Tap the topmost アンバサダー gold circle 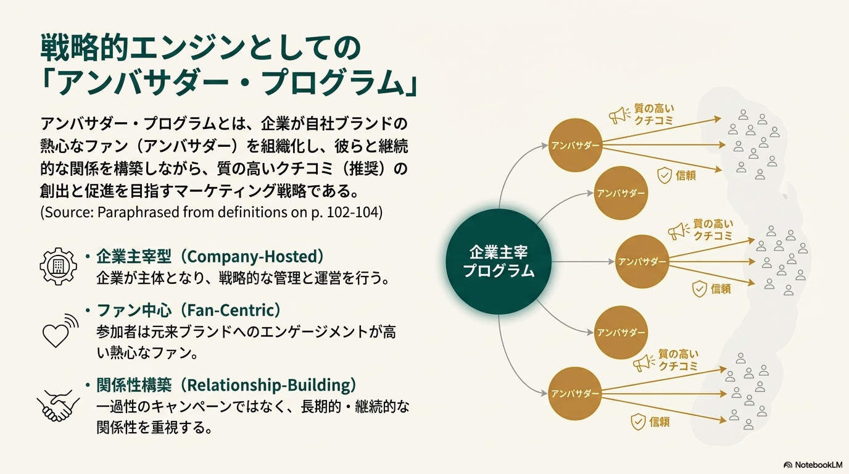coord(575,146)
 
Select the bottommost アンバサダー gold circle coord(575,394)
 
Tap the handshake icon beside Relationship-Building coord(58,404)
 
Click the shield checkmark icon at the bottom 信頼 coord(637,422)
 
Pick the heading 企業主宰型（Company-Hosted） coord(210,257)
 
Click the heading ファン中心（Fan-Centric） coord(189,310)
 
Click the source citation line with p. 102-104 coord(212,212)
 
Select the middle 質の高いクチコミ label coord(713,230)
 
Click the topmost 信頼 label coord(685,175)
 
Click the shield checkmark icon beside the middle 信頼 coord(699,289)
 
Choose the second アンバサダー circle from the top coord(621,193)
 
